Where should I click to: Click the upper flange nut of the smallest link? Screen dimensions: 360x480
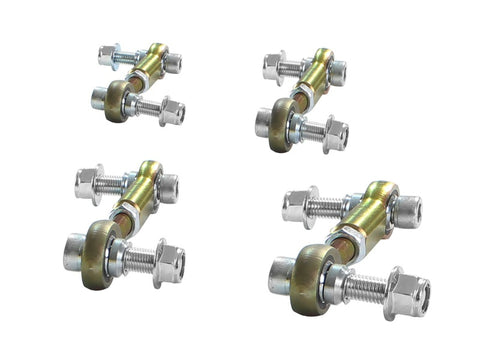pyautogui.click(x=107, y=55)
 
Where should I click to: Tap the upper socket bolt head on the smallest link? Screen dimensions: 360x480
pyautogui.click(x=172, y=62)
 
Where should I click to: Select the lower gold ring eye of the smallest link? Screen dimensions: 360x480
pyautogui.click(x=117, y=100)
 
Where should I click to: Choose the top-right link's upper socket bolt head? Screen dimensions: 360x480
pyautogui.click(x=337, y=72)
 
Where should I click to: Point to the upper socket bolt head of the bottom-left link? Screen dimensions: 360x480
pyautogui.click(x=167, y=187)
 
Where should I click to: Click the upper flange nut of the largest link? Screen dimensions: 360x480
pyautogui.click(x=300, y=206)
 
